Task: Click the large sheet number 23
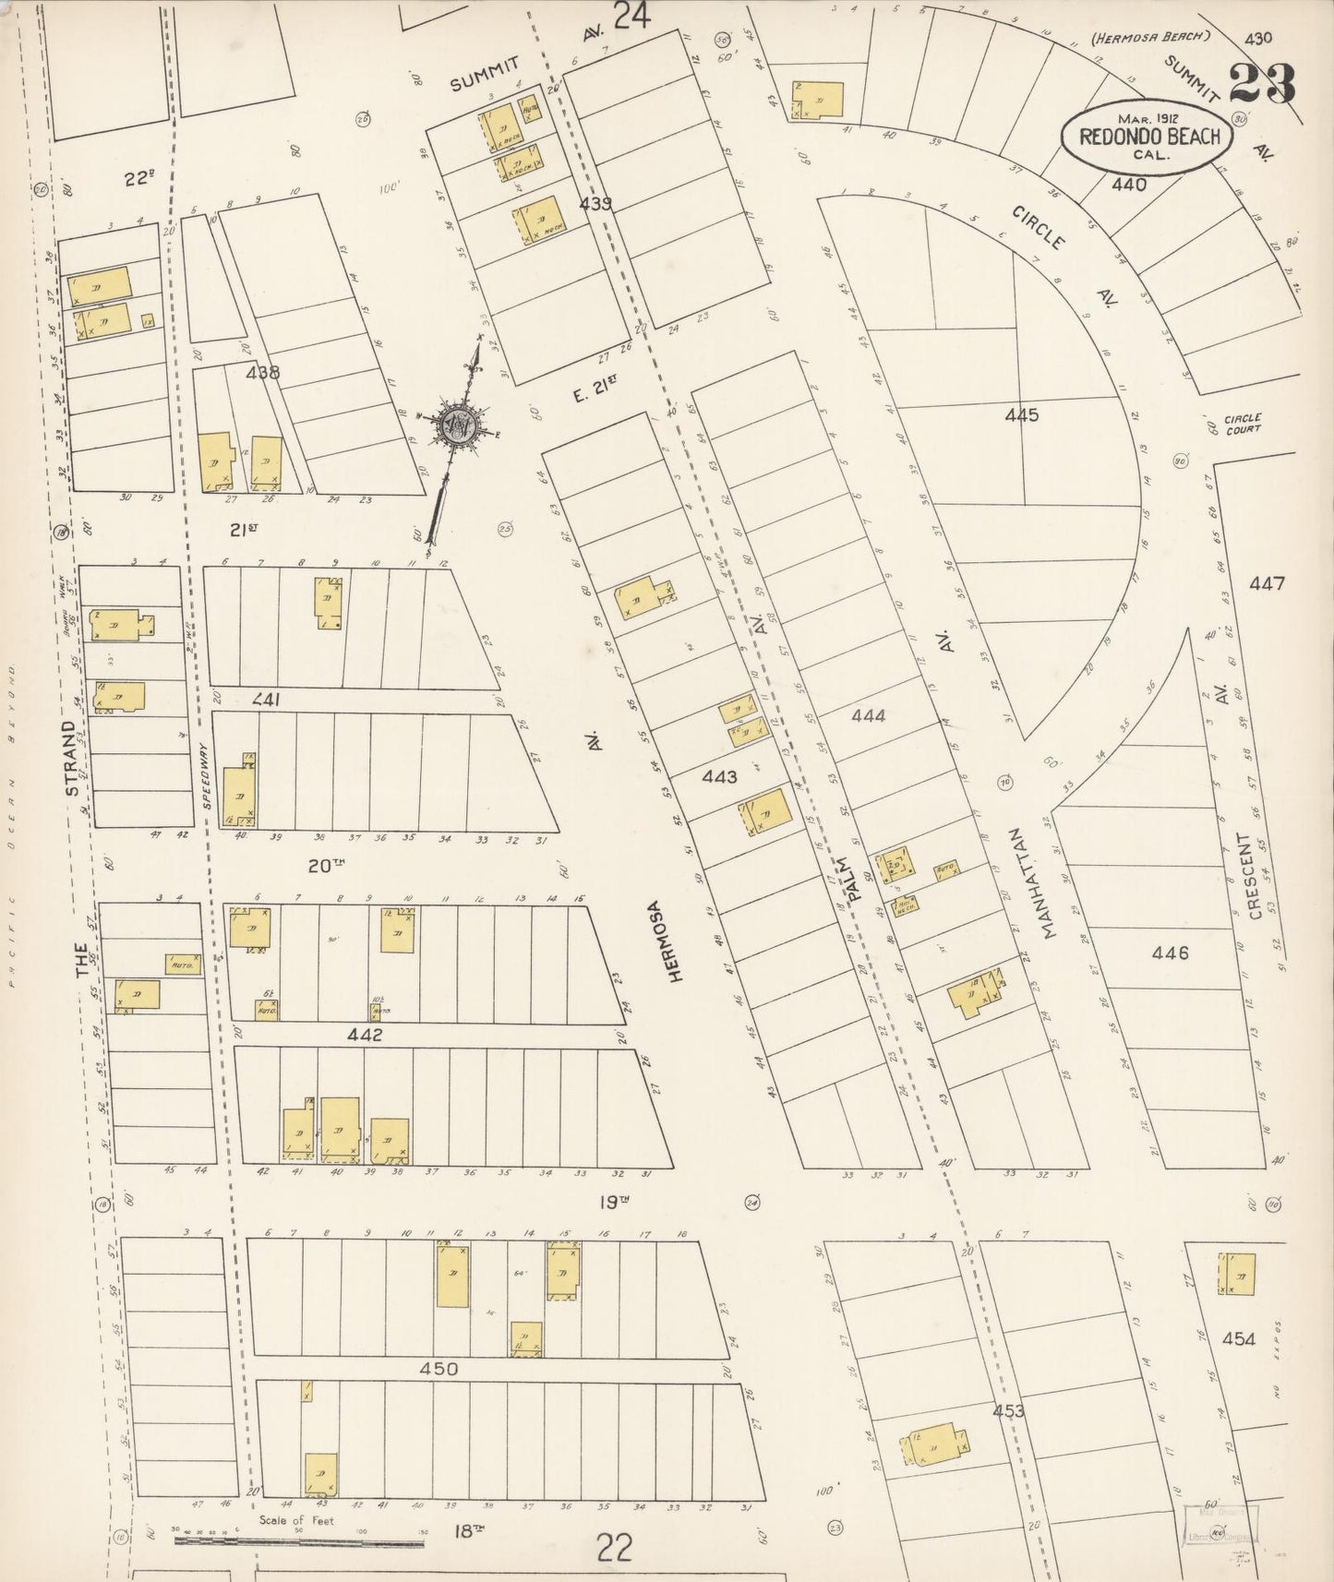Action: [1261, 85]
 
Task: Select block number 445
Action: [1022, 415]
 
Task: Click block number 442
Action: [365, 1036]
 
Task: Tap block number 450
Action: [438, 1369]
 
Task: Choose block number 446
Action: [1170, 953]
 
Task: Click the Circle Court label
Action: [1242, 424]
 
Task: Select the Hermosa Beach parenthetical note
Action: [1149, 37]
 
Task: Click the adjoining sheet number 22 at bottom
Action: [614, 1545]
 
